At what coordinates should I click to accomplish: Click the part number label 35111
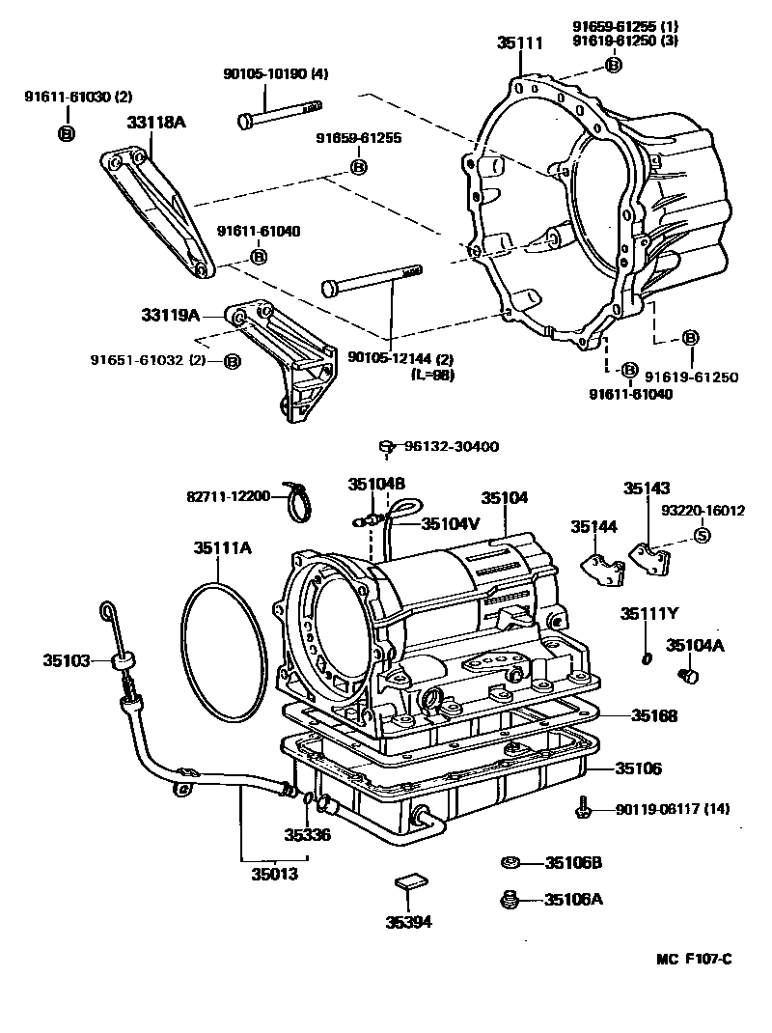pyautogui.click(x=520, y=42)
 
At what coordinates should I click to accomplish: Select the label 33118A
pyautogui.click(x=155, y=124)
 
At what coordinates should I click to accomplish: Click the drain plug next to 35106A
pyautogui.click(x=510, y=900)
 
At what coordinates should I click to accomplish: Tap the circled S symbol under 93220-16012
pyautogui.click(x=703, y=536)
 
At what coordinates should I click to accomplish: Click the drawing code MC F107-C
pyautogui.click(x=694, y=959)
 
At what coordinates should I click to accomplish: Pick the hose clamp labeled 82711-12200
pyautogui.click(x=298, y=502)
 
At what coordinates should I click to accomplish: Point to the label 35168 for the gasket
pyautogui.click(x=654, y=716)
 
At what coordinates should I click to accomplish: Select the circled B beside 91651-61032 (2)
pyautogui.click(x=232, y=361)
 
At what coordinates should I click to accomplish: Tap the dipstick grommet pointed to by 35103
pyautogui.click(x=123, y=661)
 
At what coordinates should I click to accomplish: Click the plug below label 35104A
pyautogui.click(x=689, y=676)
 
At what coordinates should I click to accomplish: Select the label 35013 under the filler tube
pyautogui.click(x=275, y=875)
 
